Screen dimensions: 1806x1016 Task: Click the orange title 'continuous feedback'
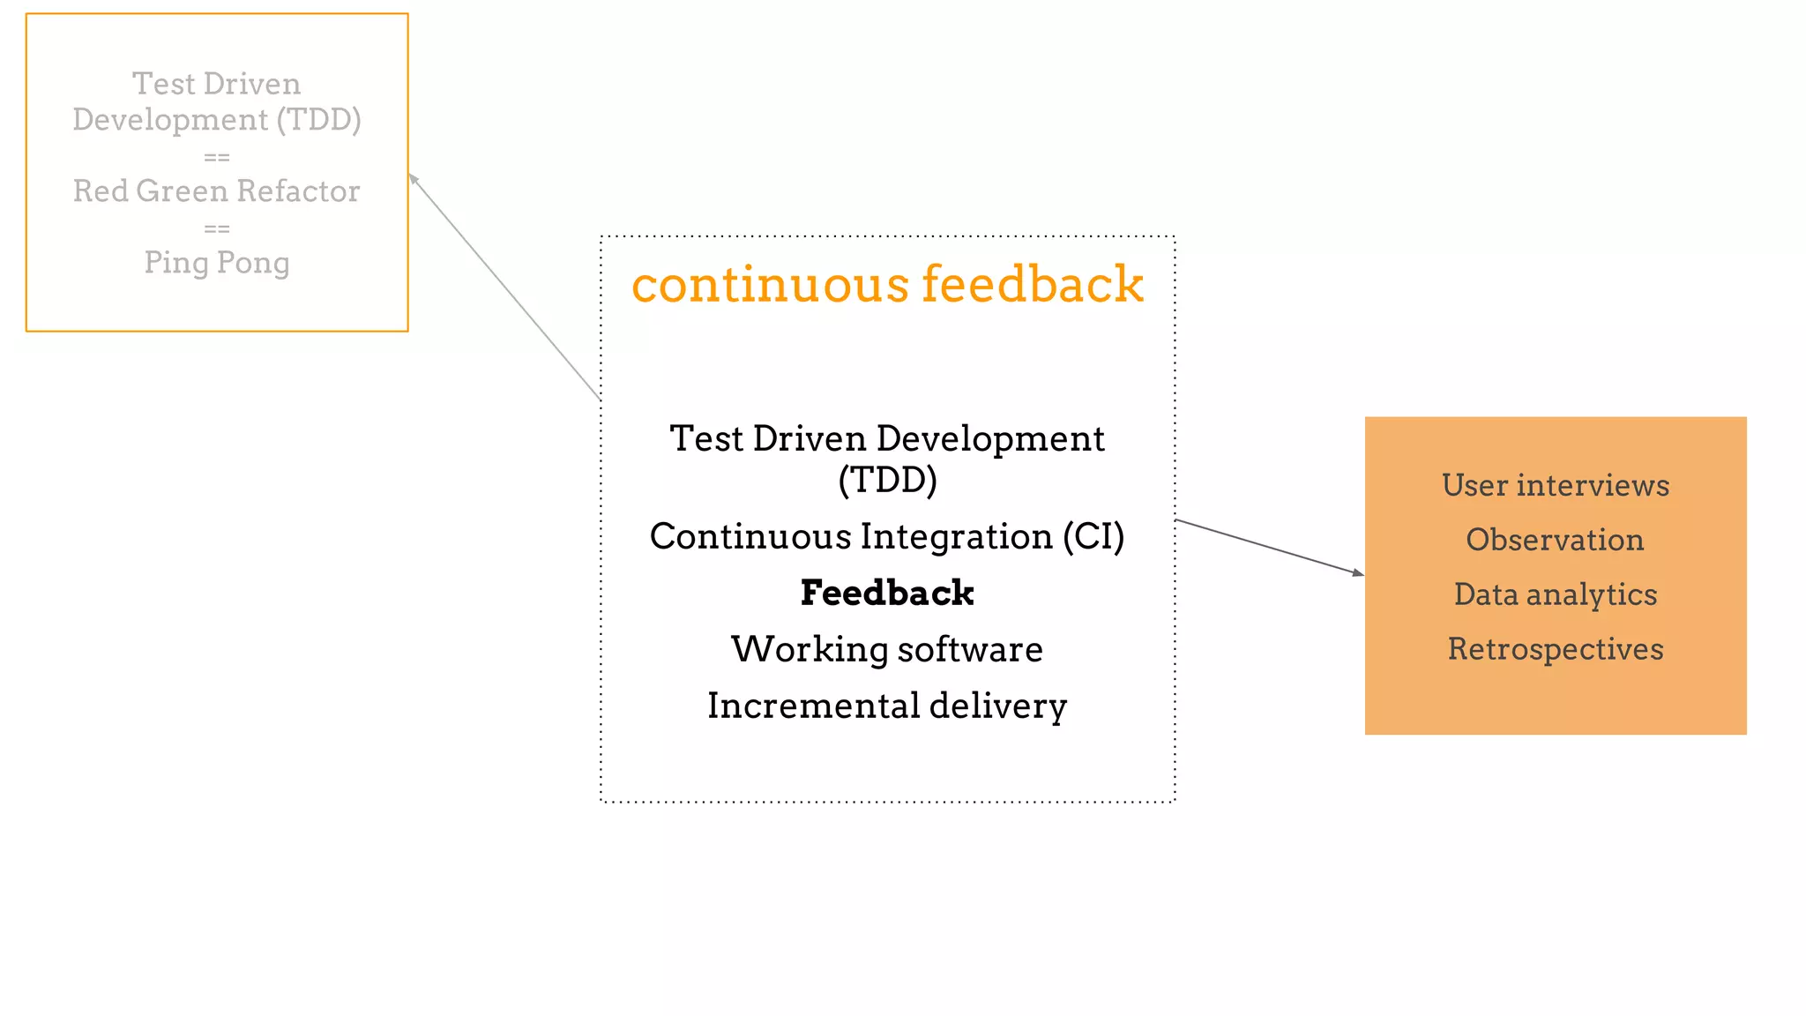click(887, 285)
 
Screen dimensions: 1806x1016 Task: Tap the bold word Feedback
click(887, 593)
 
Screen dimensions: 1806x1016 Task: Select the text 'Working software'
click(887, 649)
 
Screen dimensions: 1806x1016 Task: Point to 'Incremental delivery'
click(887, 706)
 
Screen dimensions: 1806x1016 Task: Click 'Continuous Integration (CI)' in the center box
click(887, 536)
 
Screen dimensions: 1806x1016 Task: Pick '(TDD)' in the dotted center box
click(887, 480)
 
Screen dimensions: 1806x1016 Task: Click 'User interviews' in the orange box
click(1556, 485)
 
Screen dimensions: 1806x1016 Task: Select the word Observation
click(1556, 540)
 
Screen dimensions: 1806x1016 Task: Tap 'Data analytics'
click(1556, 594)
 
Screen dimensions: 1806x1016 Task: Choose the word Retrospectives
click(1556, 649)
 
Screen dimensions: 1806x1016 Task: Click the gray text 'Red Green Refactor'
click(217, 190)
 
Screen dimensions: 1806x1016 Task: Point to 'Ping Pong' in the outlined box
click(217, 262)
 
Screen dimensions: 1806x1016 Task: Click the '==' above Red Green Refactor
click(217, 157)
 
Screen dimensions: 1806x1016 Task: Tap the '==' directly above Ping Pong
click(217, 228)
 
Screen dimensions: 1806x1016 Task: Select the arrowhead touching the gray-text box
click(413, 178)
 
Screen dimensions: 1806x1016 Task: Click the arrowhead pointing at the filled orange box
click(1358, 573)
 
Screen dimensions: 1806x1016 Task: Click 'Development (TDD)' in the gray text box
click(217, 119)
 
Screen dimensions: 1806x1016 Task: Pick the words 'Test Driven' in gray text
click(217, 84)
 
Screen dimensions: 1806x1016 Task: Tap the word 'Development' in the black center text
click(990, 439)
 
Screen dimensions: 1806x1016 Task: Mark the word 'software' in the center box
click(970, 649)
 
